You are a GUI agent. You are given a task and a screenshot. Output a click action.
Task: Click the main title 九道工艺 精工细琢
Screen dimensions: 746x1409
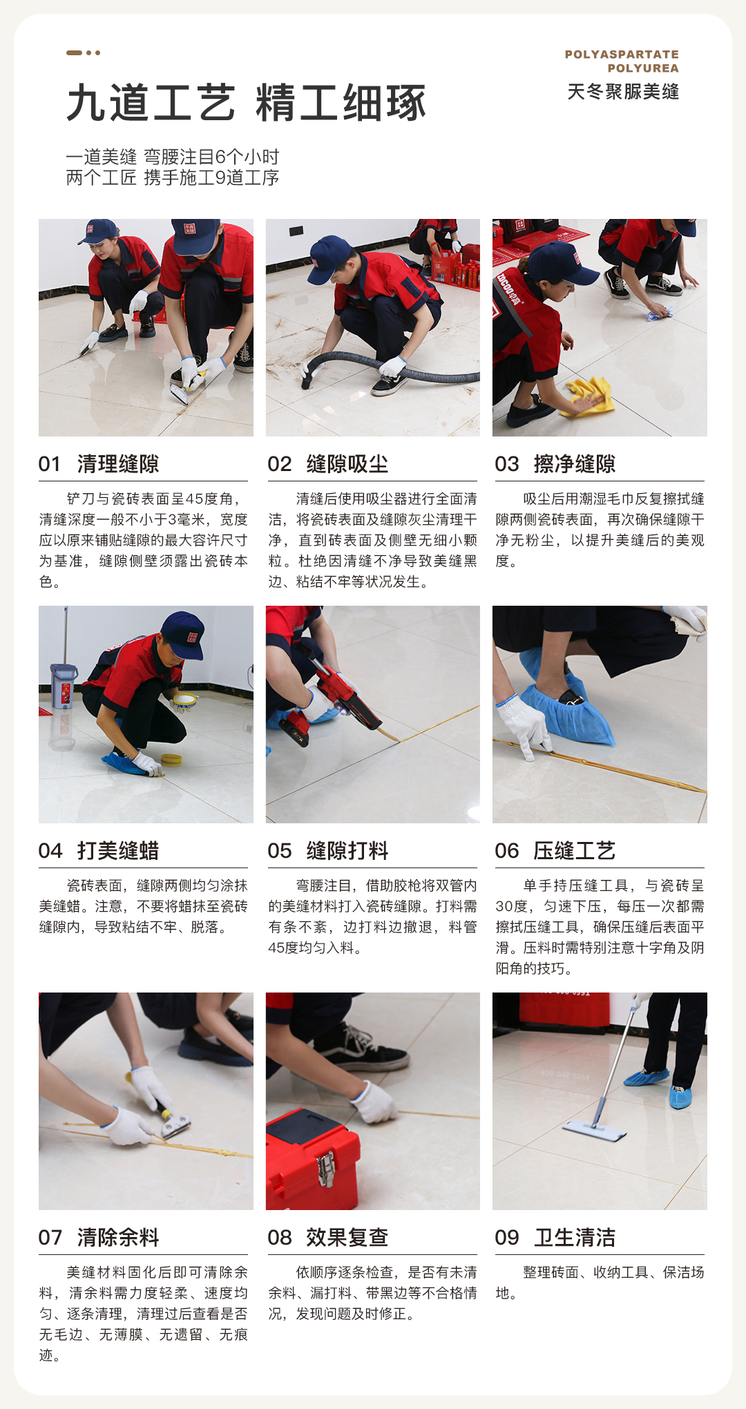[x=247, y=103]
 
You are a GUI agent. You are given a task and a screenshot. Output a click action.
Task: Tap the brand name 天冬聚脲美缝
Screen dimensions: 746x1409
[x=623, y=91]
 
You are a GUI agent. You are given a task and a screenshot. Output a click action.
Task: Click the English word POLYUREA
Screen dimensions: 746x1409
[x=643, y=68]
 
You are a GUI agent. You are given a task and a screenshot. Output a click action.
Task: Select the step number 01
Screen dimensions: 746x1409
[x=50, y=464]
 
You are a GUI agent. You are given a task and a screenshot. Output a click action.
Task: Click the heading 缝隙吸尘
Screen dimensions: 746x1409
[x=347, y=464]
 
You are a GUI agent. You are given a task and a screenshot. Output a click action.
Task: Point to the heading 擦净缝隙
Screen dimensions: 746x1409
[x=574, y=464]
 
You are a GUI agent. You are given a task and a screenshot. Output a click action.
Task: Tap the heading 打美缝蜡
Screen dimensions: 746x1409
[x=118, y=851]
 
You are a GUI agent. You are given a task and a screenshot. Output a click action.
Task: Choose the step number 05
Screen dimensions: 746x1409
[x=279, y=851]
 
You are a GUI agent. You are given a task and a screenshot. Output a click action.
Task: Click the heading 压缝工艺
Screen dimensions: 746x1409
[x=574, y=851]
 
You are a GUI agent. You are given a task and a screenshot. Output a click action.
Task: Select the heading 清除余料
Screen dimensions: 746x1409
[x=118, y=1238]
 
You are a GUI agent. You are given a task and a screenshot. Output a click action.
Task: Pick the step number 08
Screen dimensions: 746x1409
[x=279, y=1238]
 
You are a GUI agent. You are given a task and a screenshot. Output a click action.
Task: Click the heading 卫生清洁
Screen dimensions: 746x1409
[x=574, y=1238]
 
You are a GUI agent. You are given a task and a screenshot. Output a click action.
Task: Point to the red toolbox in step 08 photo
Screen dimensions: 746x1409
[x=312, y=1161]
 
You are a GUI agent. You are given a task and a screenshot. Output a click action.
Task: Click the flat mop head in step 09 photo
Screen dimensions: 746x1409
[x=595, y=1130]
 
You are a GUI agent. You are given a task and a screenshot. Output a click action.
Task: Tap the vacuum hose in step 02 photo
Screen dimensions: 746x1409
[x=388, y=368]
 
